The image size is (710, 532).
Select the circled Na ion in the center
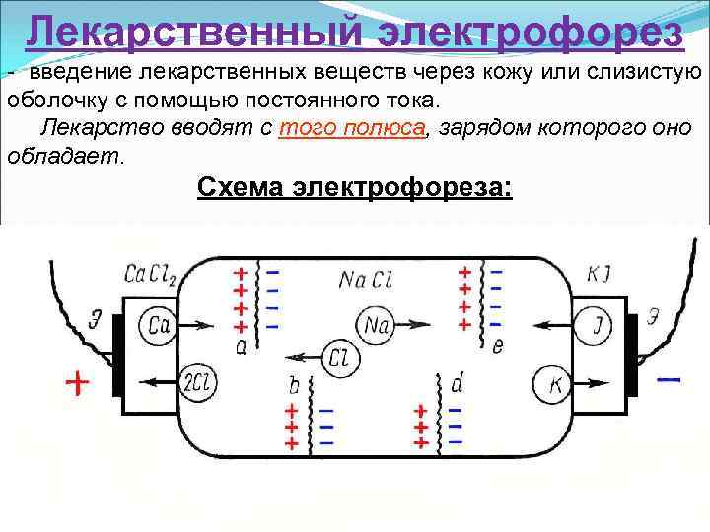tap(375, 323)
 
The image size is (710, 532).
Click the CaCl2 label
tap(149, 275)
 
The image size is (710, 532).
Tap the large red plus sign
tap(76, 382)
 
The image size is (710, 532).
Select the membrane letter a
tap(242, 345)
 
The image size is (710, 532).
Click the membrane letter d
tap(457, 382)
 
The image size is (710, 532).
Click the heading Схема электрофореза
tap(355, 186)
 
